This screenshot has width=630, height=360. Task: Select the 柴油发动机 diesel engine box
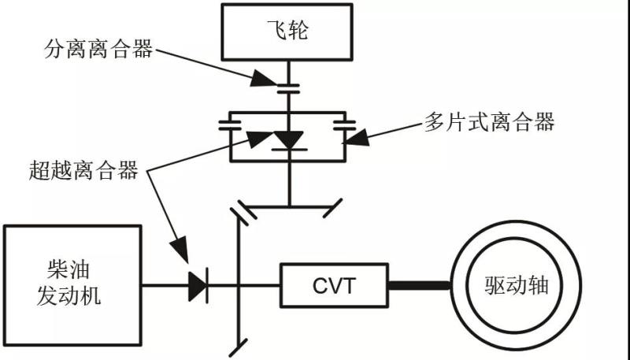point(72,284)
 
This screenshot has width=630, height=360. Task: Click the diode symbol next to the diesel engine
point(198,285)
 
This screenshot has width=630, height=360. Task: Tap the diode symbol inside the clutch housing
point(290,140)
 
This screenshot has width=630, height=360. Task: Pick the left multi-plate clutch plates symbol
point(232,125)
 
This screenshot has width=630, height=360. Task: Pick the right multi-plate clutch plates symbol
point(344,125)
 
